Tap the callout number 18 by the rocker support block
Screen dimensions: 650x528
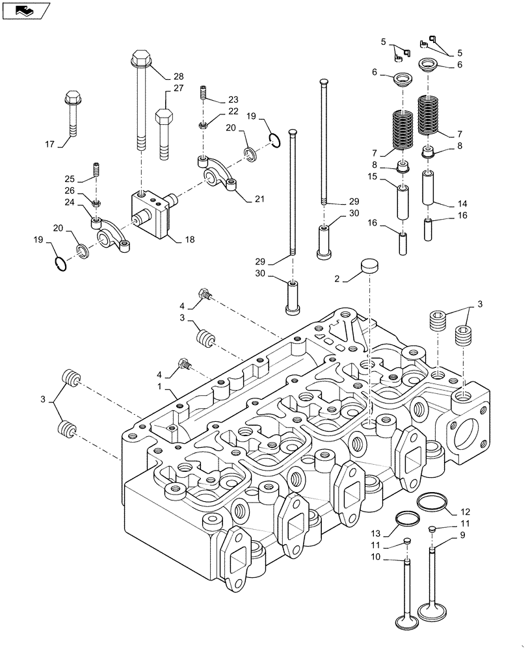tap(190, 240)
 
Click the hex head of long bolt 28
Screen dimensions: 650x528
tap(141, 58)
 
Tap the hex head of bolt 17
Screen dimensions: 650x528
tap(72, 99)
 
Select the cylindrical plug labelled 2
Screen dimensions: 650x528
tap(370, 267)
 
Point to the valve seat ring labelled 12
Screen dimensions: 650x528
tap(431, 501)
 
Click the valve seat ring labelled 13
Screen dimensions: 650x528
tap(406, 519)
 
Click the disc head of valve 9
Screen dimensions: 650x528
tap(432, 611)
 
